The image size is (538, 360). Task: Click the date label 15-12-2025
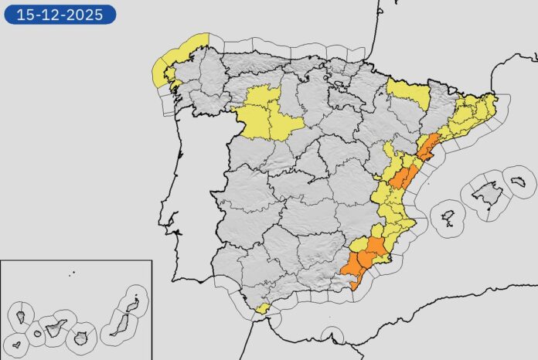tap(60, 14)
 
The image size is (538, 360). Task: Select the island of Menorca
tap(518, 182)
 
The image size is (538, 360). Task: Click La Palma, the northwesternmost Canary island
tap(20, 316)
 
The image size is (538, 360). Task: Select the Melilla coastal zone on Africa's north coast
tap(332, 335)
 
